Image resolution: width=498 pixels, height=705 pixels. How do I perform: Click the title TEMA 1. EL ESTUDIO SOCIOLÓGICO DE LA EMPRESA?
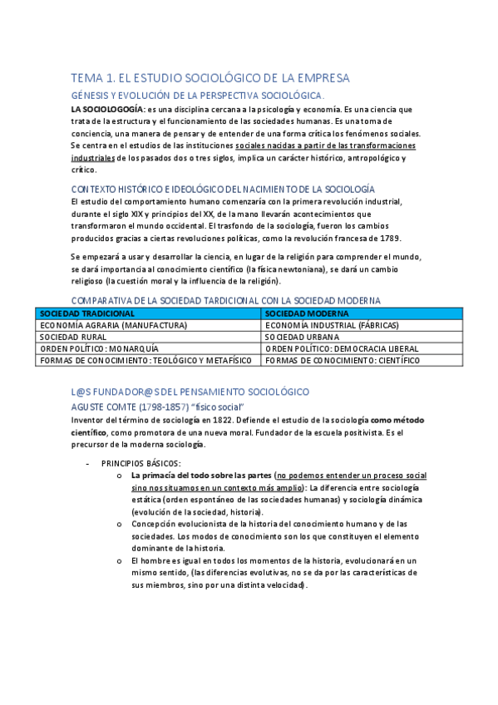click(210, 77)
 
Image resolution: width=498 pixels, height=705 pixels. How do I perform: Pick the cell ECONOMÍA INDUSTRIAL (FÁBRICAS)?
click(332, 325)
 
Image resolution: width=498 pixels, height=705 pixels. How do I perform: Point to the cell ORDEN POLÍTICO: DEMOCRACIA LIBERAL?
click(342, 348)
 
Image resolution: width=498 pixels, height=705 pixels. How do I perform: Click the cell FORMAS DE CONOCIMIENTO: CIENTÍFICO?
click(343, 360)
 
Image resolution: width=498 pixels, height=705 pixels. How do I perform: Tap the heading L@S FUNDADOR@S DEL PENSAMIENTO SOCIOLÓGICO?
click(190, 391)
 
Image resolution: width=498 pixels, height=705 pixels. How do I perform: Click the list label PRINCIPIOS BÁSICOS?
click(141, 462)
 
